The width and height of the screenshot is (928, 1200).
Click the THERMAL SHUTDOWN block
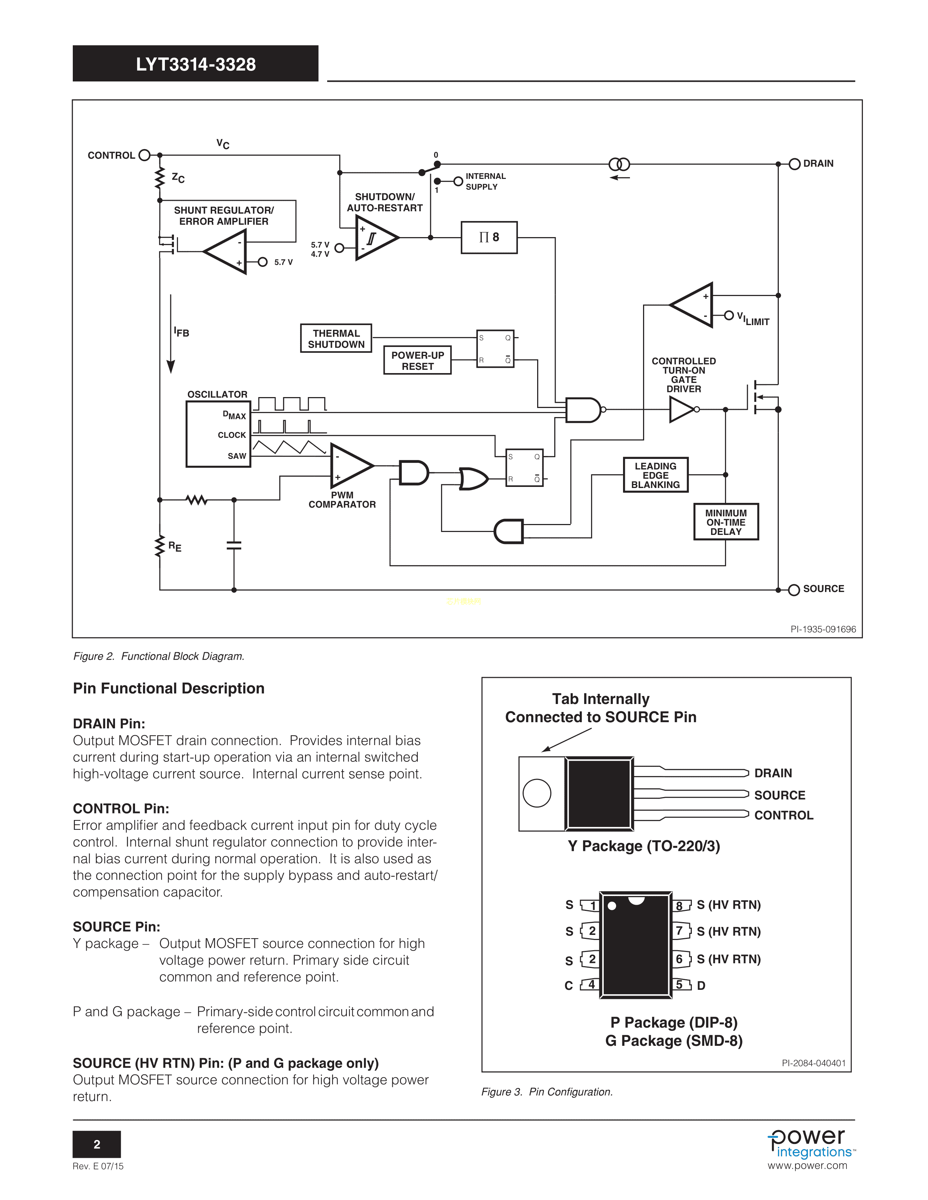pos(336,339)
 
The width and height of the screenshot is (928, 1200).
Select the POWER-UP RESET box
pos(417,360)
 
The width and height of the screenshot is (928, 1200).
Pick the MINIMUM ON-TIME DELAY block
pos(726,522)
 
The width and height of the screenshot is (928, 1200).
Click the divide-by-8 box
pos(489,237)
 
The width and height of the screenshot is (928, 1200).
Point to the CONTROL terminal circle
pos(144,156)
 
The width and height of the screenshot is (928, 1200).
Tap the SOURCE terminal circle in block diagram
pos(794,590)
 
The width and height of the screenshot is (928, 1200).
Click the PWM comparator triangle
pos(350,466)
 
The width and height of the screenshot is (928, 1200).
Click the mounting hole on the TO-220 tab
pos(536,793)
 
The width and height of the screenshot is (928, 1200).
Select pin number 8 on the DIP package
pos(679,905)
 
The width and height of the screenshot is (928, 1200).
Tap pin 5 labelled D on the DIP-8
pos(679,985)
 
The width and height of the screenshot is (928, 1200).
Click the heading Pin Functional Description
pos(169,688)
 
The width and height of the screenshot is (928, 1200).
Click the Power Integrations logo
pos(810,1146)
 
